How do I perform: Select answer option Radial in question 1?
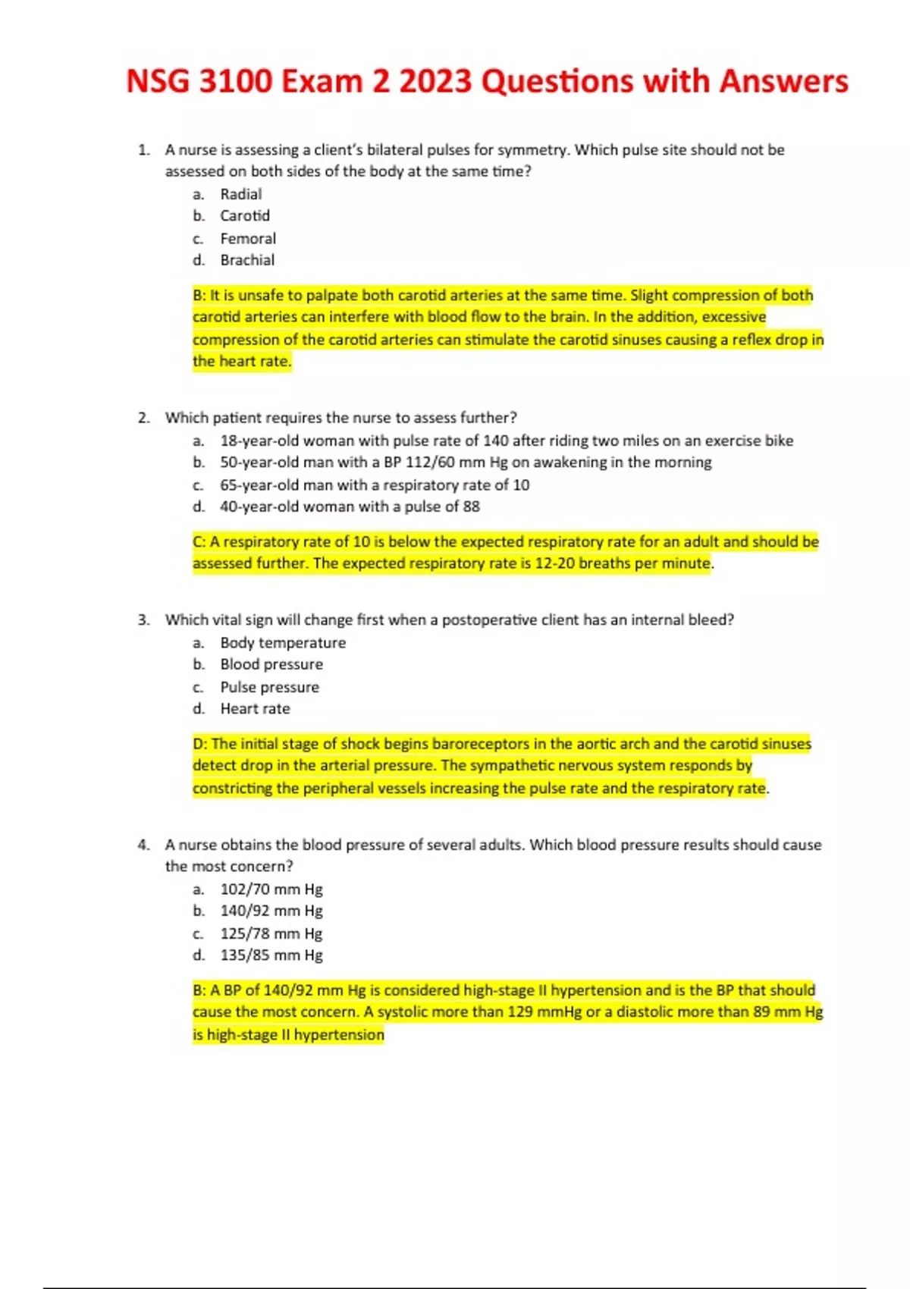click(240, 194)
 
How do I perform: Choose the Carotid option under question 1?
click(245, 216)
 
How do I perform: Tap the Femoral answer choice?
click(248, 239)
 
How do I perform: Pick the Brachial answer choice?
click(247, 260)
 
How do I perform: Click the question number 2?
click(143, 418)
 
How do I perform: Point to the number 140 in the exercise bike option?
click(495, 441)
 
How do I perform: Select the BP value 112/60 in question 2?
click(443, 463)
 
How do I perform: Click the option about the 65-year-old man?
click(375, 485)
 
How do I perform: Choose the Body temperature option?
click(283, 643)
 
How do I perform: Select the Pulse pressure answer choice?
click(269, 688)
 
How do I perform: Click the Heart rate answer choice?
click(255, 709)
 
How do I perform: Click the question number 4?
click(143, 845)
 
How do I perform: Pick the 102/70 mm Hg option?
click(271, 889)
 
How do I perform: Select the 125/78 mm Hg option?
click(271, 934)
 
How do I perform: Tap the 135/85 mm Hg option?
click(271, 955)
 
